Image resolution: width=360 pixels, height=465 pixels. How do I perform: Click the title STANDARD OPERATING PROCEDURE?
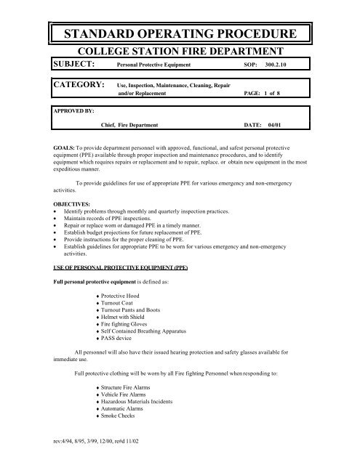tap(180, 34)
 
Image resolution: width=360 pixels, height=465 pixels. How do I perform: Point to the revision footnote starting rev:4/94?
tap(86, 440)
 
